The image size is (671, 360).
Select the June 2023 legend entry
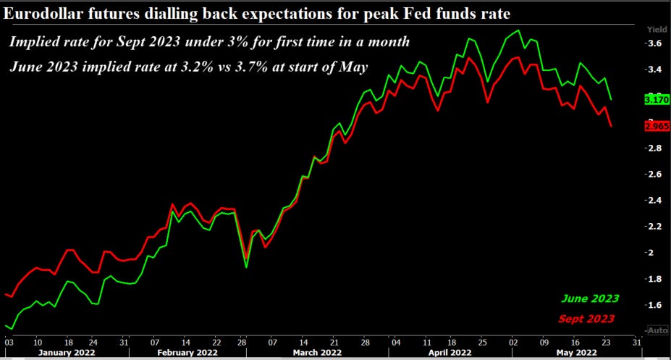(x=591, y=298)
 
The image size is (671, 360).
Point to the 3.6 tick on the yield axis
(x=654, y=44)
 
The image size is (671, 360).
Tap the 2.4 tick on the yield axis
(x=654, y=201)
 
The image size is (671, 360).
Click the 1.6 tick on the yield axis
(x=654, y=305)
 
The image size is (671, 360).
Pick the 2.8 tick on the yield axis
(x=654, y=148)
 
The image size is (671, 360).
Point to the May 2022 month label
(x=577, y=352)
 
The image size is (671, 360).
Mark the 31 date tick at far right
(x=636, y=341)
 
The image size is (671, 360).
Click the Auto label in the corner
(x=657, y=330)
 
